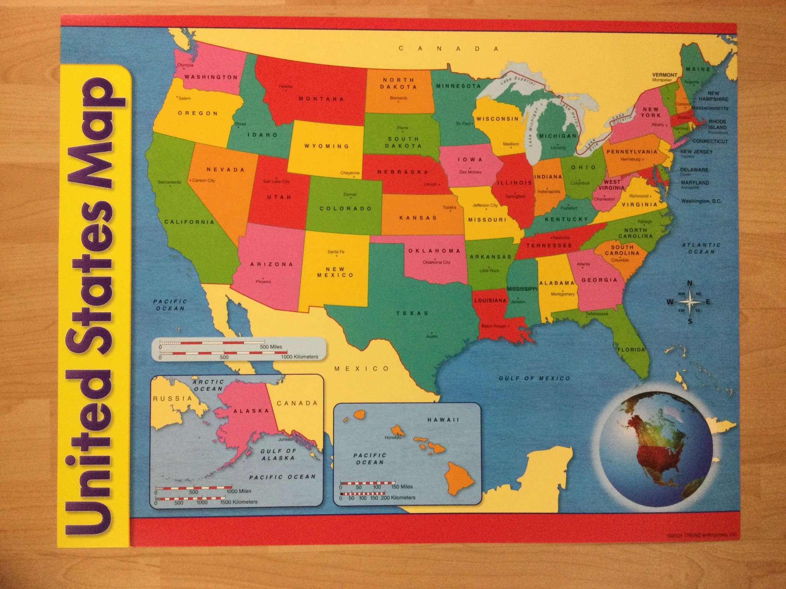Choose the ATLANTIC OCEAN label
701,248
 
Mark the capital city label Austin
432,336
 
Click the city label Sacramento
169,182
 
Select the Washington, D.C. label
701,201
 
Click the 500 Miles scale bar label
271,347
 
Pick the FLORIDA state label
631,350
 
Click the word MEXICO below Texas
362,369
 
